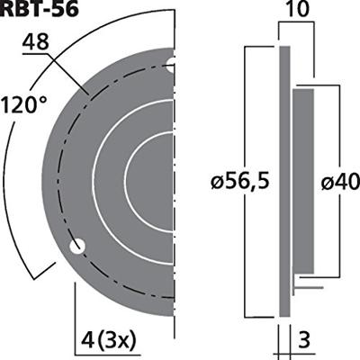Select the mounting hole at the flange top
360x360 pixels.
[171, 62]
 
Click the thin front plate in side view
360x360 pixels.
[284, 180]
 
